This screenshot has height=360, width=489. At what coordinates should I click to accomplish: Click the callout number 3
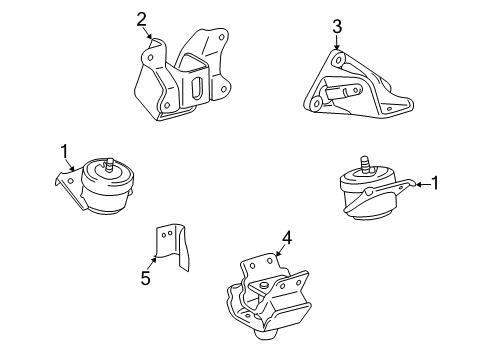pos(337,26)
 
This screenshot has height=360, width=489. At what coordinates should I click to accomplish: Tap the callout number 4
pos(286,237)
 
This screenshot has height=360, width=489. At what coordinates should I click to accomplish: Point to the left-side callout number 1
pos(66,151)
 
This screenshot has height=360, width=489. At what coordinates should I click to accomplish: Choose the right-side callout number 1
pos(434,182)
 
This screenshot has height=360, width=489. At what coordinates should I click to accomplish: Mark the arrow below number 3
pos(337,45)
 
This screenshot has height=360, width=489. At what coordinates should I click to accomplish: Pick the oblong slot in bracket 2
pos(199,88)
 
